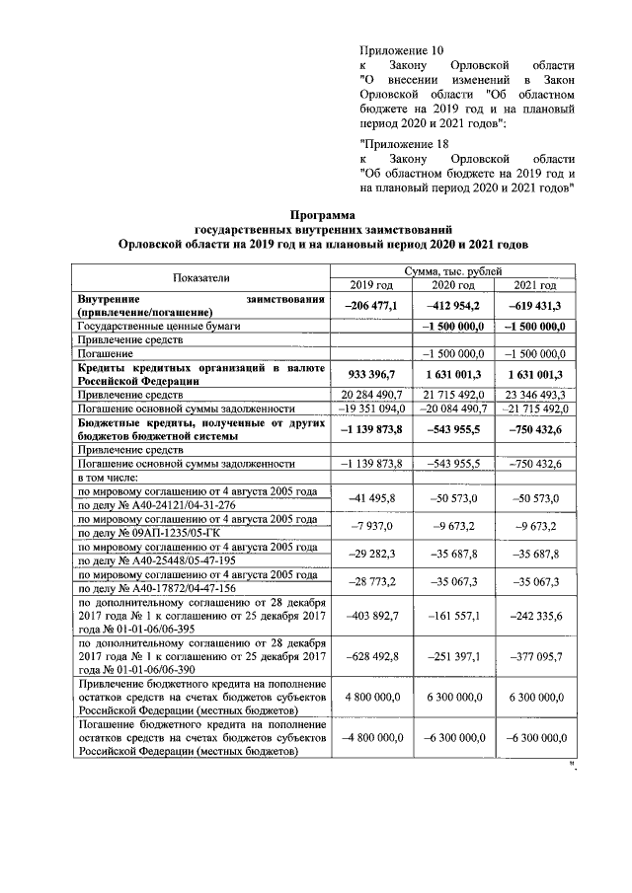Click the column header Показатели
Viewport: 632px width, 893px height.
(x=202, y=277)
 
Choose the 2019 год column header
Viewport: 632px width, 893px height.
(x=370, y=285)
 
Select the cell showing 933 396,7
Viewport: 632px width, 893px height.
(x=371, y=375)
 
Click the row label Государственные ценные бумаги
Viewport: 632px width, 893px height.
(x=160, y=325)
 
